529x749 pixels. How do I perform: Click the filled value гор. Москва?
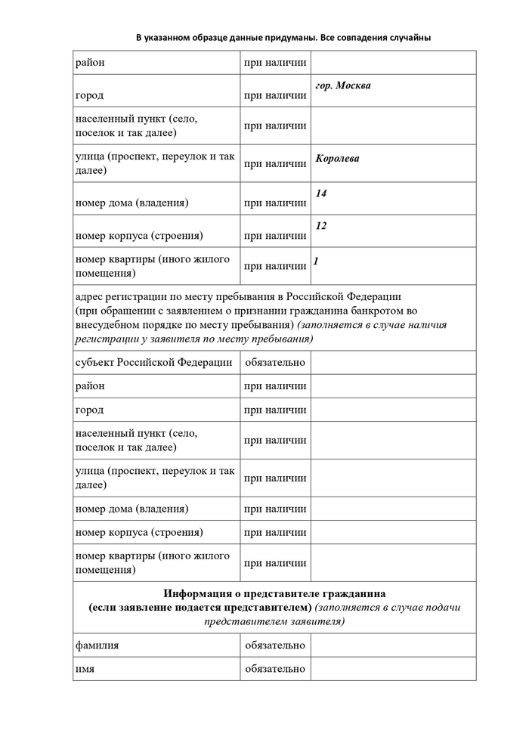click(x=343, y=85)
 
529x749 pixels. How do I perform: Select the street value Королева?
click(x=337, y=159)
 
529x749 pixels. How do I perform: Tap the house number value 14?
click(x=321, y=193)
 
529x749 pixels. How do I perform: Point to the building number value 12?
click(x=321, y=226)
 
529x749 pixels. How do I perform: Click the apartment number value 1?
click(x=316, y=262)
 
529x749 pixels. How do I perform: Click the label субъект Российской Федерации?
click(x=154, y=362)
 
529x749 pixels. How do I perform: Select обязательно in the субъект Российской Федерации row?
click(x=275, y=362)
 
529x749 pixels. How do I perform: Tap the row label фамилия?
click(x=97, y=645)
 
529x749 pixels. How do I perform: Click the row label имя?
click(x=85, y=669)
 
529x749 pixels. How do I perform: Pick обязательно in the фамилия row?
click(x=275, y=645)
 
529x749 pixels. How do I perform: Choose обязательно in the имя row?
click(x=275, y=669)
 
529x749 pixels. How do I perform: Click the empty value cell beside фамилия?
click(x=393, y=645)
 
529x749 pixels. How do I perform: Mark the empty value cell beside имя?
click(x=393, y=669)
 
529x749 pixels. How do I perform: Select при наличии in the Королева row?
click(x=275, y=163)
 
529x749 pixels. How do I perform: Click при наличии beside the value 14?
click(x=275, y=203)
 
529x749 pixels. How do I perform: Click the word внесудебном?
click(x=110, y=325)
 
